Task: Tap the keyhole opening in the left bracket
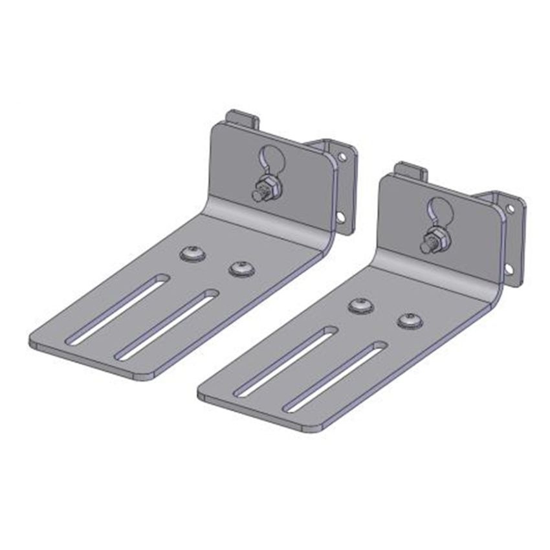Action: pyautogui.click(x=267, y=160)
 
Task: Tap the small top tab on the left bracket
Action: pyautogui.click(x=242, y=120)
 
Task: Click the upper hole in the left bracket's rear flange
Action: pyautogui.click(x=342, y=156)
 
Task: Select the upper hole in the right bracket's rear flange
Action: pyautogui.click(x=510, y=208)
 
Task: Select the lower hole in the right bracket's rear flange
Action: pyautogui.click(x=509, y=269)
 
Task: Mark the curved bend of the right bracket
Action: pyautogui.click(x=440, y=275)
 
